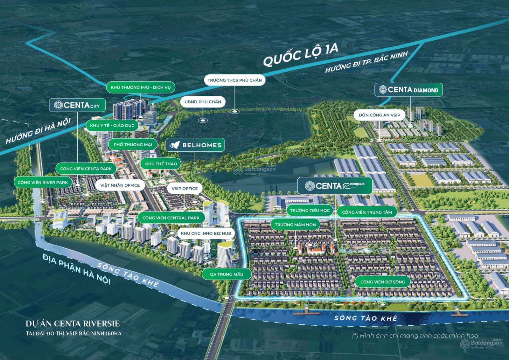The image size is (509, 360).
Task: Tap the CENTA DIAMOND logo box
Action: (408, 90)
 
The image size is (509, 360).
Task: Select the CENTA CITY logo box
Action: (77, 105)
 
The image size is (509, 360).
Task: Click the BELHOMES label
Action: (195, 145)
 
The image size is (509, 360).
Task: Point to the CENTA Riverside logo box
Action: (334, 186)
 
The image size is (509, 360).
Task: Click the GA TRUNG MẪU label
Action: (227, 274)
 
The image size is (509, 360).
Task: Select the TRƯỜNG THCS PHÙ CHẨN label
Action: (234, 80)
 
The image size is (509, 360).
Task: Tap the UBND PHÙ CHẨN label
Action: (203, 102)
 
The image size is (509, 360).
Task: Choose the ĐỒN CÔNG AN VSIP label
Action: (379, 115)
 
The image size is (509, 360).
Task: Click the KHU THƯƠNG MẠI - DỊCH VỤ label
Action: (141, 87)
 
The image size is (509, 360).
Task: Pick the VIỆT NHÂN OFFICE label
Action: (120, 185)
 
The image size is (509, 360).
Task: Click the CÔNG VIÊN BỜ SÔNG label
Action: (382, 282)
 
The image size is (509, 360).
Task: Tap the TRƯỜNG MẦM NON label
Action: (295, 225)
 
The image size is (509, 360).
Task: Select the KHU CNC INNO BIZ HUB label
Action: (206, 233)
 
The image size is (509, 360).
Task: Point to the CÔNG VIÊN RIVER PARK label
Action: (43, 183)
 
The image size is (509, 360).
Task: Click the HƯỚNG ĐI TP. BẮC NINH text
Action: (366, 62)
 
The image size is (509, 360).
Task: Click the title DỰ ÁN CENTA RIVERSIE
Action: (73, 324)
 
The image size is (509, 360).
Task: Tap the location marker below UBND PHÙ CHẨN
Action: (202, 121)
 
